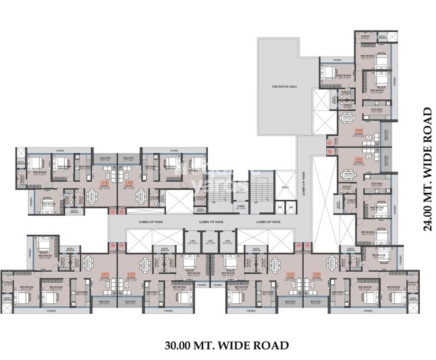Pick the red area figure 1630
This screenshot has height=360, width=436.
pyautogui.click(x=105, y=182)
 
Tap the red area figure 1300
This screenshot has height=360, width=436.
pyautogui.click(x=129, y=182)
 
